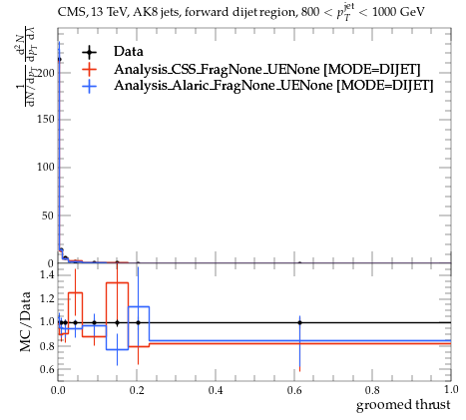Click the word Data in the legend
[x=129, y=52]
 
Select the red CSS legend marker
[x=89, y=69]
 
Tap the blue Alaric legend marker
[x=89, y=86]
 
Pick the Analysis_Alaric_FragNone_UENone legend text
[x=273, y=86]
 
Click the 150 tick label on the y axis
[x=46, y=120]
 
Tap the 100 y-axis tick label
[x=46, y=167]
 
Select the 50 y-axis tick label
[x=48, y=215]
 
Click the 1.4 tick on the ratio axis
[x=47, y=275]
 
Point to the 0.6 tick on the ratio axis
[x=47, y=369]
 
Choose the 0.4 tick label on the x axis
[x=216, y=390]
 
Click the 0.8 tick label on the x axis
[x=372, y=390]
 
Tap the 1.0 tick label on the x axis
[x=451, y=389]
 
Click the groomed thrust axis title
[x=403, y=405]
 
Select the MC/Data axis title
[x=26, y=321]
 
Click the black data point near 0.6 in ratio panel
[x=299, y=322]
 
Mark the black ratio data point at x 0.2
[x=138, y=322]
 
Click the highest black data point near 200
[x=59, y=60]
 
